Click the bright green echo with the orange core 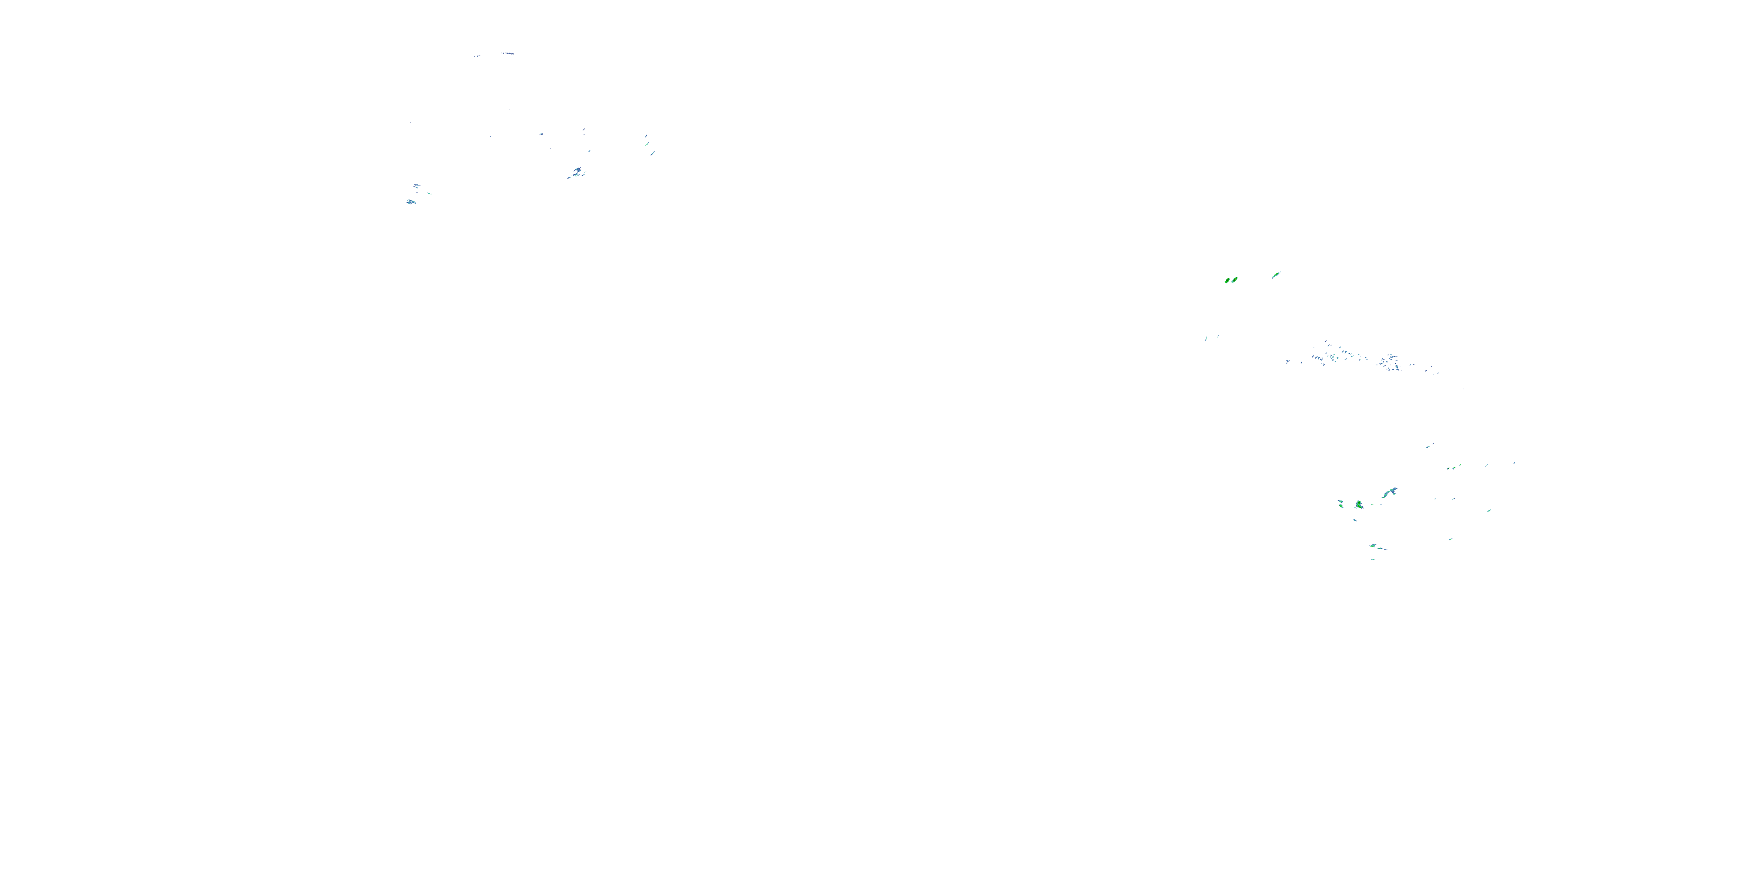point(1234,279)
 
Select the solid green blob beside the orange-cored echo point(1228,280)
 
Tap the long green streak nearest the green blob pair point(1276,275)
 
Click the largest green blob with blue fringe point(1359,505)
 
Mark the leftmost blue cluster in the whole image point(411,202)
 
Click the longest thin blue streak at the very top point(507,53)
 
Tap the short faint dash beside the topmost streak point(477,56)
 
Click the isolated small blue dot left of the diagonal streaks point(541,133)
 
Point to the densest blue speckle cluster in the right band point(1389,361)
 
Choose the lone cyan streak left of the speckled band point(1206,337)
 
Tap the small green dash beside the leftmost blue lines point(429,194)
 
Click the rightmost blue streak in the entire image point(1514,463)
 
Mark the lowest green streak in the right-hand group point(1372,560)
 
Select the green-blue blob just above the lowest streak point(1376,547)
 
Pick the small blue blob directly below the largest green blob point(1355,520)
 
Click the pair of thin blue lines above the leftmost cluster point(416,186)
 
